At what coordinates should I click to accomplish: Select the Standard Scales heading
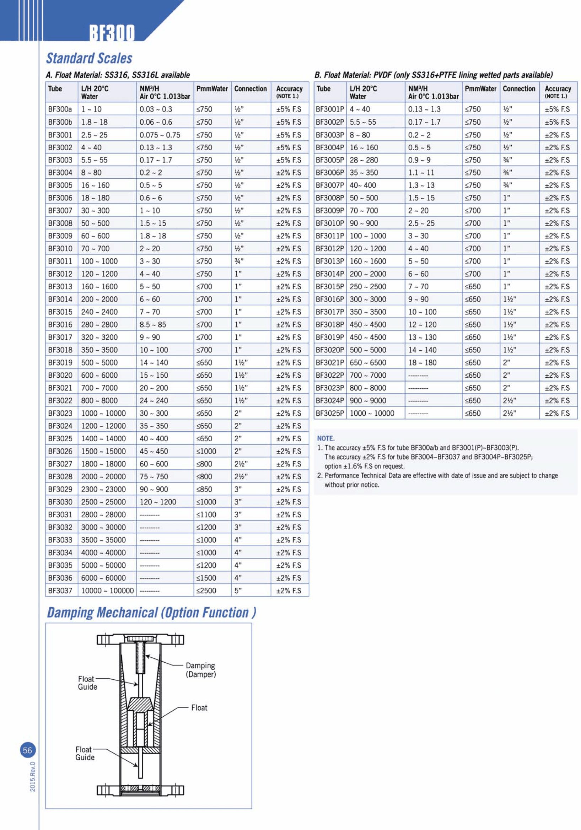pyautogui.click(x=89, y=58)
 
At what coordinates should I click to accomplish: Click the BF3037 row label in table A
pyautogui.click(x=60, y=590)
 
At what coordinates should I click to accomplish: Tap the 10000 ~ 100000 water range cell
pyautogui.click(x=107, y=590)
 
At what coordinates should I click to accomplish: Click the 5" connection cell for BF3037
pyautogui.click(x=238, y=590)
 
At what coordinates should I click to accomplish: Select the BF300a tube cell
pyautogui.click(x=60, y=109)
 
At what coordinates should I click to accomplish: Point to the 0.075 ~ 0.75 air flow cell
pyautogui.click(x=160, y=135)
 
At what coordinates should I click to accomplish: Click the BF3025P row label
pyautogui.click(x=330, y=413)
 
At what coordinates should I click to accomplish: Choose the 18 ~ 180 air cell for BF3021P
pyautogui.click(x=422, y=362)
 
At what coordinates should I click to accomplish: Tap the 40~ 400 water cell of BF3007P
pyautogui.click(x=362, y=185)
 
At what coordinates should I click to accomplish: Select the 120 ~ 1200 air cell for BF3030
pyautogui.click(x=158, y=502)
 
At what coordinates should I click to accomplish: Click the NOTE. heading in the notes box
pyautogui.click(x=326, y=438)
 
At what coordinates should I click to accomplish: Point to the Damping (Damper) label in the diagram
pyautogui.click(x=200, y=670)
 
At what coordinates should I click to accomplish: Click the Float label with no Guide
pyautogui.click(x=199, y=708)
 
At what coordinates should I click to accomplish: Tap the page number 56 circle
pyautogui.click(x=27, y=750)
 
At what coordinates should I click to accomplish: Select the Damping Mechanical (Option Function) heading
pyautogui.click(x=151, y=613)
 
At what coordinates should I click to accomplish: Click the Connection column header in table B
pyautogui.click(x=519, y=89)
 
